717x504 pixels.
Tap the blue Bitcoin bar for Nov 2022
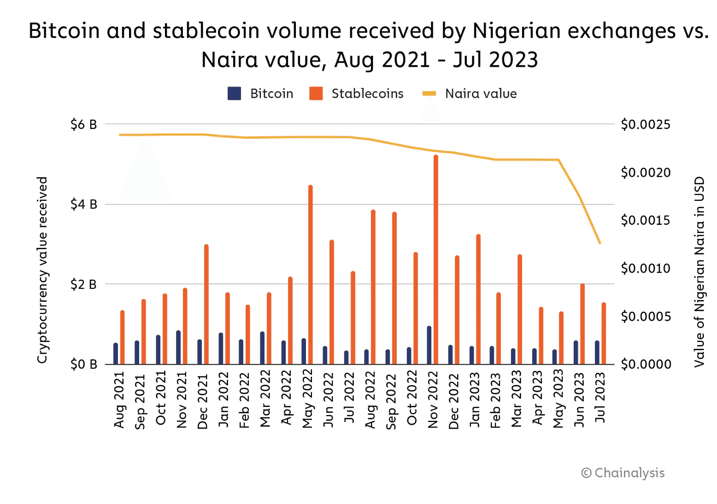pos(429,345)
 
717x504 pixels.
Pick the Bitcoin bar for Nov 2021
pos(178,347)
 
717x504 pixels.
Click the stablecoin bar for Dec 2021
pos(206,304)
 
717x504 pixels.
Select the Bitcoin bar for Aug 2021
pos(116,353)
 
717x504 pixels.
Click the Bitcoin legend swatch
pos(234,94)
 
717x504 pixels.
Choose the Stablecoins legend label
pos(367,94)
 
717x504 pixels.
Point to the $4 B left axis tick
pos(83,204)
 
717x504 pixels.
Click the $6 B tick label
pos(83,124)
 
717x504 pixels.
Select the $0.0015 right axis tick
pos(646,220)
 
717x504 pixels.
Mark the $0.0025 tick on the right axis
pos(646,124)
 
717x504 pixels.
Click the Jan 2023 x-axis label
pos(475,399)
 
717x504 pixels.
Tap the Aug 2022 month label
pos(370,399)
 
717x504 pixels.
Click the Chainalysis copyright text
pos(623,473)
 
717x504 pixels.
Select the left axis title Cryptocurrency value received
pos(42,270)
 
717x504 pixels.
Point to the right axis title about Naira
pos(699,272)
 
